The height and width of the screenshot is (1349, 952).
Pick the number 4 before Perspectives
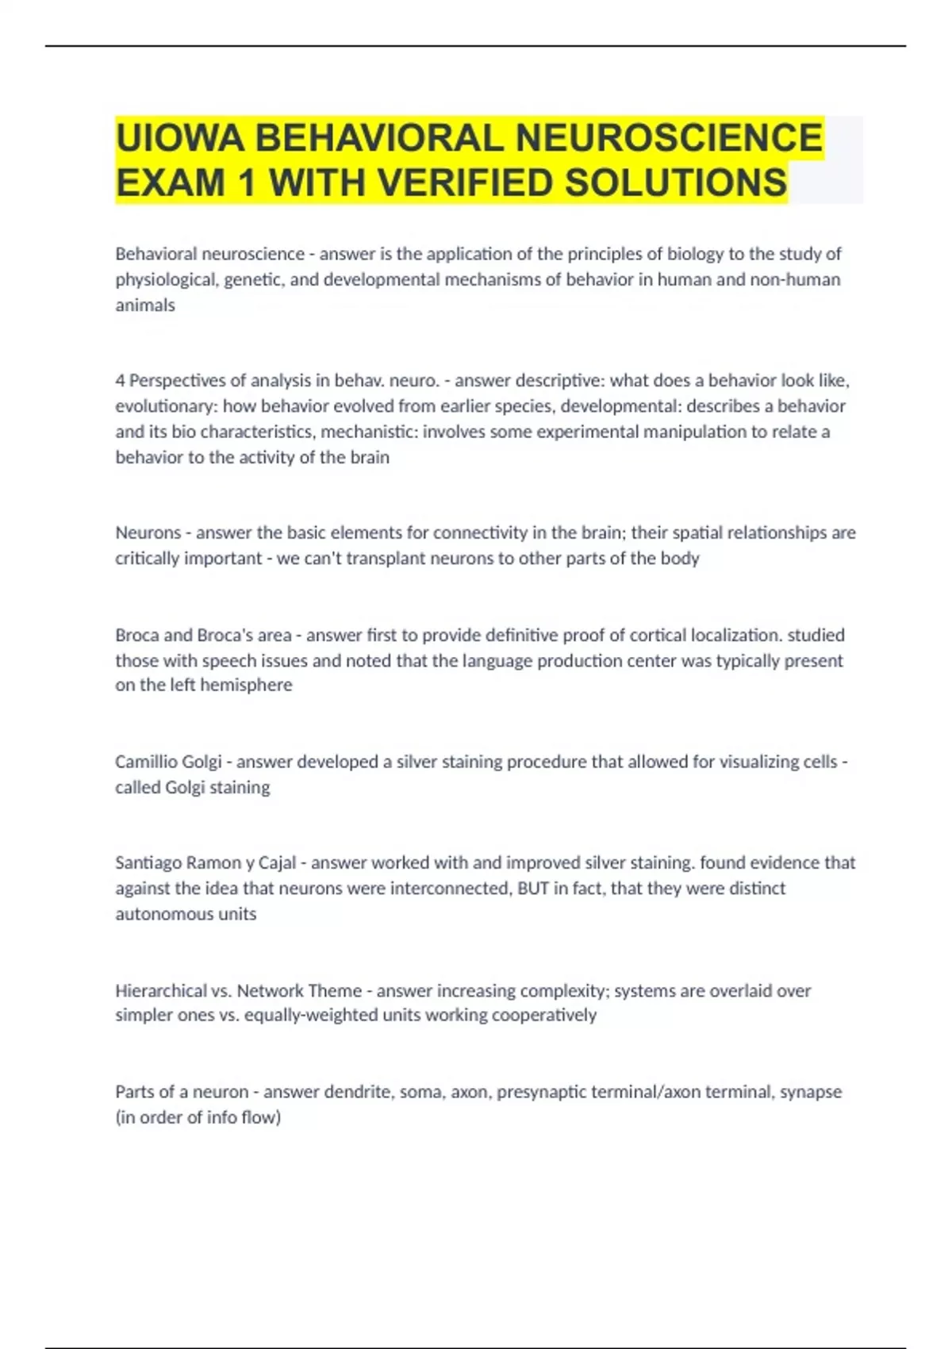pos(120,381)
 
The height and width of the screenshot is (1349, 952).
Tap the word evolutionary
pos(166,406)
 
